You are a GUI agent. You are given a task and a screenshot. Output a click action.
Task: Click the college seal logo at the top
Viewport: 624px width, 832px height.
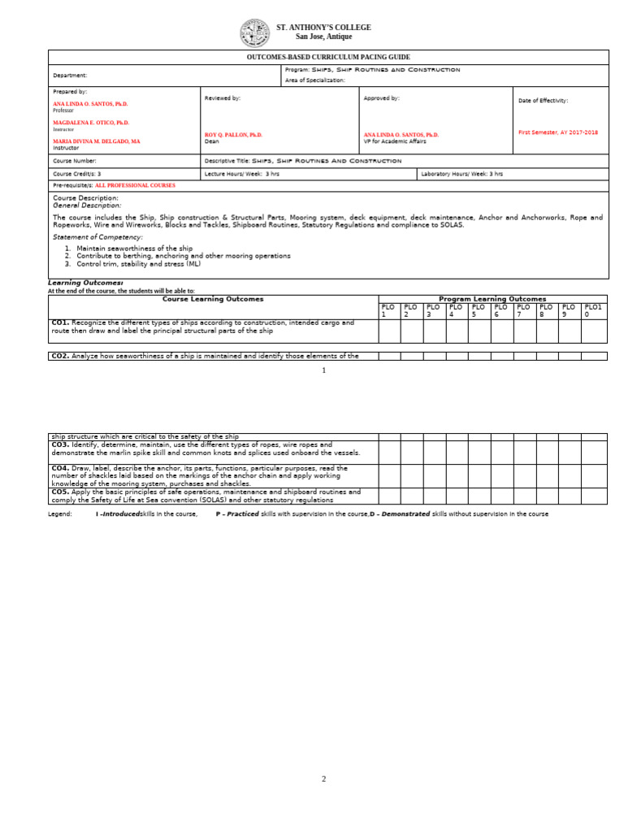point(254,33)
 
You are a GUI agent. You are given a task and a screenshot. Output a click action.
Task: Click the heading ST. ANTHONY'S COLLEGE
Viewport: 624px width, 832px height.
point(323,28)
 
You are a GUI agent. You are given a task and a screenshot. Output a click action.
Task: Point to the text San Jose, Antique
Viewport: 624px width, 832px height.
point(323,37)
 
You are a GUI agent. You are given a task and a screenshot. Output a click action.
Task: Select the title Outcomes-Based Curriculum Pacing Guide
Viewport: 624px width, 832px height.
point(328,58)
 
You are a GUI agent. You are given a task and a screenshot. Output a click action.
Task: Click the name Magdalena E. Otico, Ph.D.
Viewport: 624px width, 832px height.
point(91,123)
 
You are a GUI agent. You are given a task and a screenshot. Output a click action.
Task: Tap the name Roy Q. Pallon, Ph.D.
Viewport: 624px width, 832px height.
point(233,135)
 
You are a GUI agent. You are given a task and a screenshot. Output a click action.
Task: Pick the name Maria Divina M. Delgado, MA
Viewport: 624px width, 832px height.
point(96,141)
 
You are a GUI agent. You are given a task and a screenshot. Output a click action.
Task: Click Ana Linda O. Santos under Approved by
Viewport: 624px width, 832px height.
point(401,135)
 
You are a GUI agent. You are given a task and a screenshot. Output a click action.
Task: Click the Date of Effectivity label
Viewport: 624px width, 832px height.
point(543,101)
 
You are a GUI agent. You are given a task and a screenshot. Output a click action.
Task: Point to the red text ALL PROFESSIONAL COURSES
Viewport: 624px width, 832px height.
point(135,185)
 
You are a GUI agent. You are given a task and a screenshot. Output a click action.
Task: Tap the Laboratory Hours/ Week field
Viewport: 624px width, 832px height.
point(461,174)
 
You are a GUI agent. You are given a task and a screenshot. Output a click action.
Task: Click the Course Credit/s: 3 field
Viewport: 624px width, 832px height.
point(77,174)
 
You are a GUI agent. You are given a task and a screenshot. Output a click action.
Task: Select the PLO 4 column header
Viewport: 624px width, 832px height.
point(456,310)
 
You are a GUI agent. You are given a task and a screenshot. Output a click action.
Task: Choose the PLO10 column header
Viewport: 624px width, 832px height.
point(593,310)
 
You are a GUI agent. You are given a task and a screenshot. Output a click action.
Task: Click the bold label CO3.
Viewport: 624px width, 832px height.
point(60,445)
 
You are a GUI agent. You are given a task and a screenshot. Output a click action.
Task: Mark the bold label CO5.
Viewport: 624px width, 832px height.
point(60,492)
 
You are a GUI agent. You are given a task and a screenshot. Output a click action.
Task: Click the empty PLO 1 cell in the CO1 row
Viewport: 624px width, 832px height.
point(389,331)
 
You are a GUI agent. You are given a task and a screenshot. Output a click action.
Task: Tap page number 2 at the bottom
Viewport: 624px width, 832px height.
point(323,779)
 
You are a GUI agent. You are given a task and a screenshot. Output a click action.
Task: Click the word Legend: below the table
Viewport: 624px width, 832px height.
point(60,514)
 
